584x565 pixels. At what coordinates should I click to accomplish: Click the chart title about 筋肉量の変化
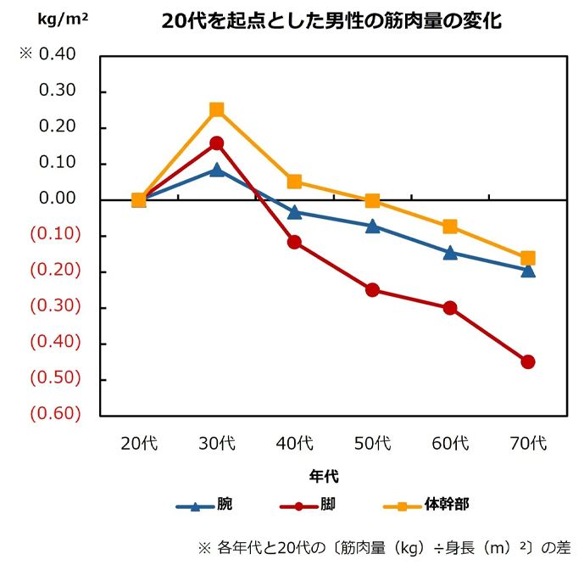click(x=331, y=22)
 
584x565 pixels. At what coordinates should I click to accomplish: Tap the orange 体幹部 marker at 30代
click(x=217, y=109)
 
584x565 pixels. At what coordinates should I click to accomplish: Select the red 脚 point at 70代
click(x=528, y=362)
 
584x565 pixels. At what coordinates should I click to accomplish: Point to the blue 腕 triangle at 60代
click(x=450, y=253)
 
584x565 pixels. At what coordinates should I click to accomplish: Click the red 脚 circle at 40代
click(x=294, y=242)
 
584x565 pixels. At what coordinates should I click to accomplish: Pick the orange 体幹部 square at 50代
click(x=372, y=201)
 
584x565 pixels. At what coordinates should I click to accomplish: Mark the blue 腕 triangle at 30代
click(x=217, y=170)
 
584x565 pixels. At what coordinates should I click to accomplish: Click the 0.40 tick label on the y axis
click(x=58, y=55)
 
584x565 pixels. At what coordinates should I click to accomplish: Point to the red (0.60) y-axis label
click(x=55, y=414)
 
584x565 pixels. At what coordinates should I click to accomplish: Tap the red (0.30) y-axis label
click(x=55, y=306)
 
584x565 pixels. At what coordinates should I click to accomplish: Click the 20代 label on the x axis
click(x=139, y=443)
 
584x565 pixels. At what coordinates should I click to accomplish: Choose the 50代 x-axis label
click(x=372, y=443)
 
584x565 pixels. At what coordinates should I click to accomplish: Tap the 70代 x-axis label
click(x=528, y=443)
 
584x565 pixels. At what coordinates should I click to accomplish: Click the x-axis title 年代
click(x=325, y=477)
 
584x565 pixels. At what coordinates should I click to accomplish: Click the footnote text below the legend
click(x=381, y=545)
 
